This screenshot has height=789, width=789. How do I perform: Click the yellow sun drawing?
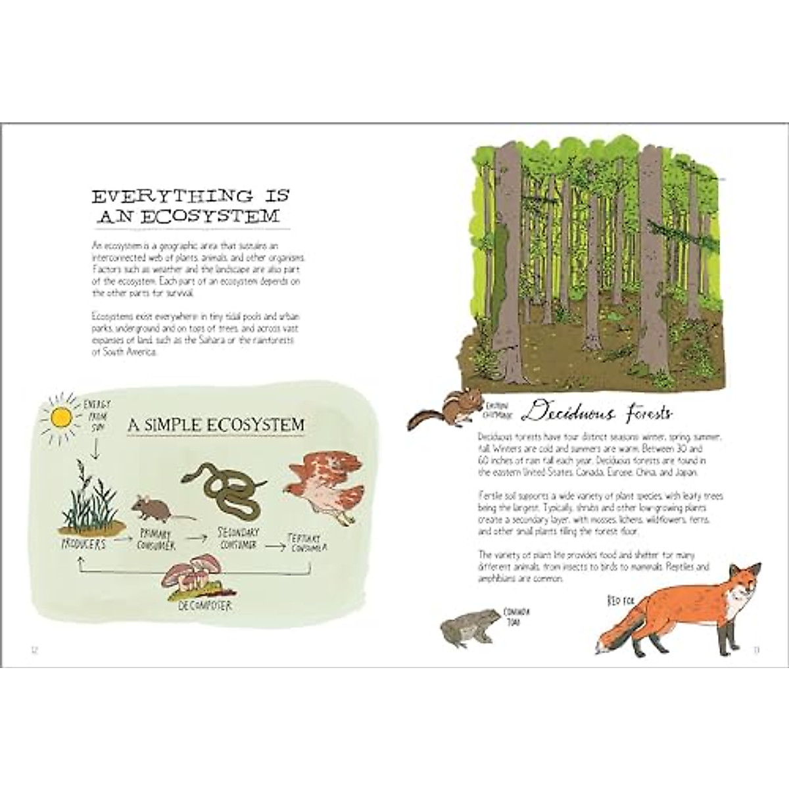click(61, 417)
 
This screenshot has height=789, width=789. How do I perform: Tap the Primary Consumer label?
click(157, 540)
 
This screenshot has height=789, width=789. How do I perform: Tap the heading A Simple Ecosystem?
click(216, 425)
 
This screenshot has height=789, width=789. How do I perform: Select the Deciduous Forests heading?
click(598, 414)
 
